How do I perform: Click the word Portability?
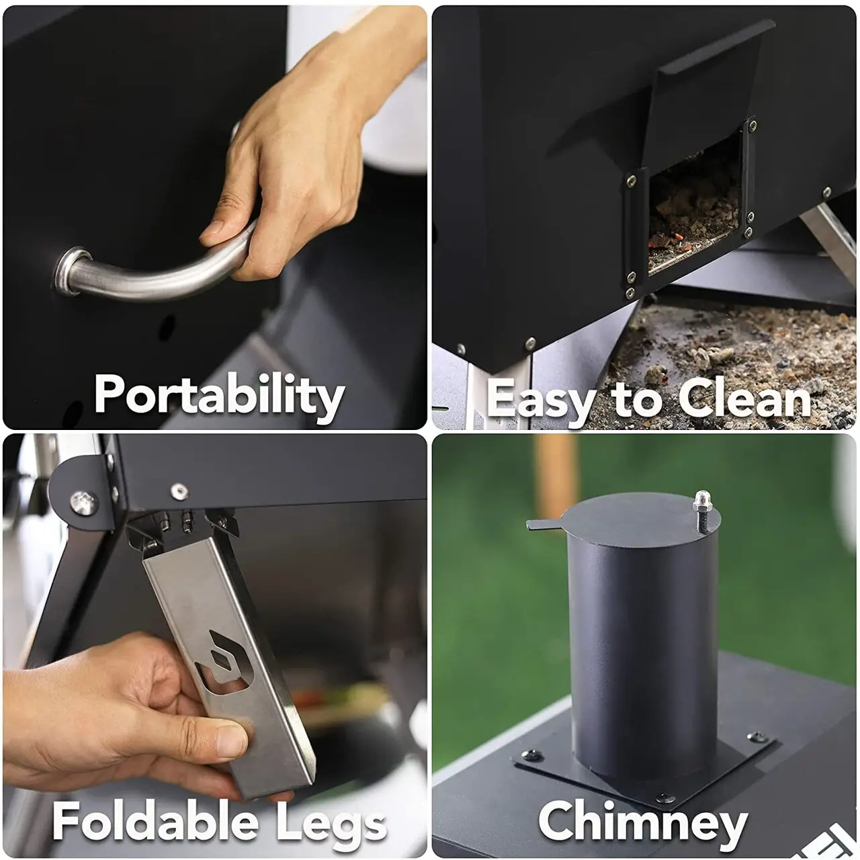pyautogui.click(x=218, y=396)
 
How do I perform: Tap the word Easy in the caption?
pyautogui.click(x=540, y=399)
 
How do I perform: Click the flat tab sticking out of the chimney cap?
pyautogui.click(x=544, y=523)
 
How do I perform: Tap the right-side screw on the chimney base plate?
pyautogui.click(x=757, y=737)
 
